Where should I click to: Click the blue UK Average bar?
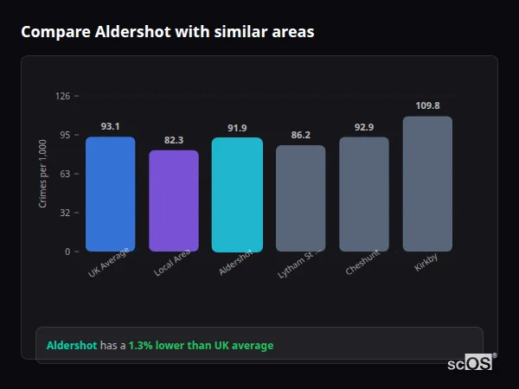click(110, 194)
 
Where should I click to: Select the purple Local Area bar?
click(174, 201)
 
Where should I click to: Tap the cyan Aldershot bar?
click(237, 194)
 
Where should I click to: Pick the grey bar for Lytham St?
click(300, 199)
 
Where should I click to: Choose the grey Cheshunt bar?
click(364, 194)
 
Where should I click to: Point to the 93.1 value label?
click(110, 126)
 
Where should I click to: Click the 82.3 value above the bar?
click(174, 140)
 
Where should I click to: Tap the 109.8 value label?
click(427, 105)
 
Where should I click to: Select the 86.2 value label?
click(300, 135)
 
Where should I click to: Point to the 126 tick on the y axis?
click(62, 96)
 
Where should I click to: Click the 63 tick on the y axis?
click(65, 174)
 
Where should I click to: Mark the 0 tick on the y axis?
click(67, 252)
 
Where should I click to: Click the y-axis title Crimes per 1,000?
click(43, 174)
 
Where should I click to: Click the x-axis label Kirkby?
click(426, 263)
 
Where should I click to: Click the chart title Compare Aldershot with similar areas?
click(168, 32)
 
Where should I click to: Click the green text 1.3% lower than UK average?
click(201, 346)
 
